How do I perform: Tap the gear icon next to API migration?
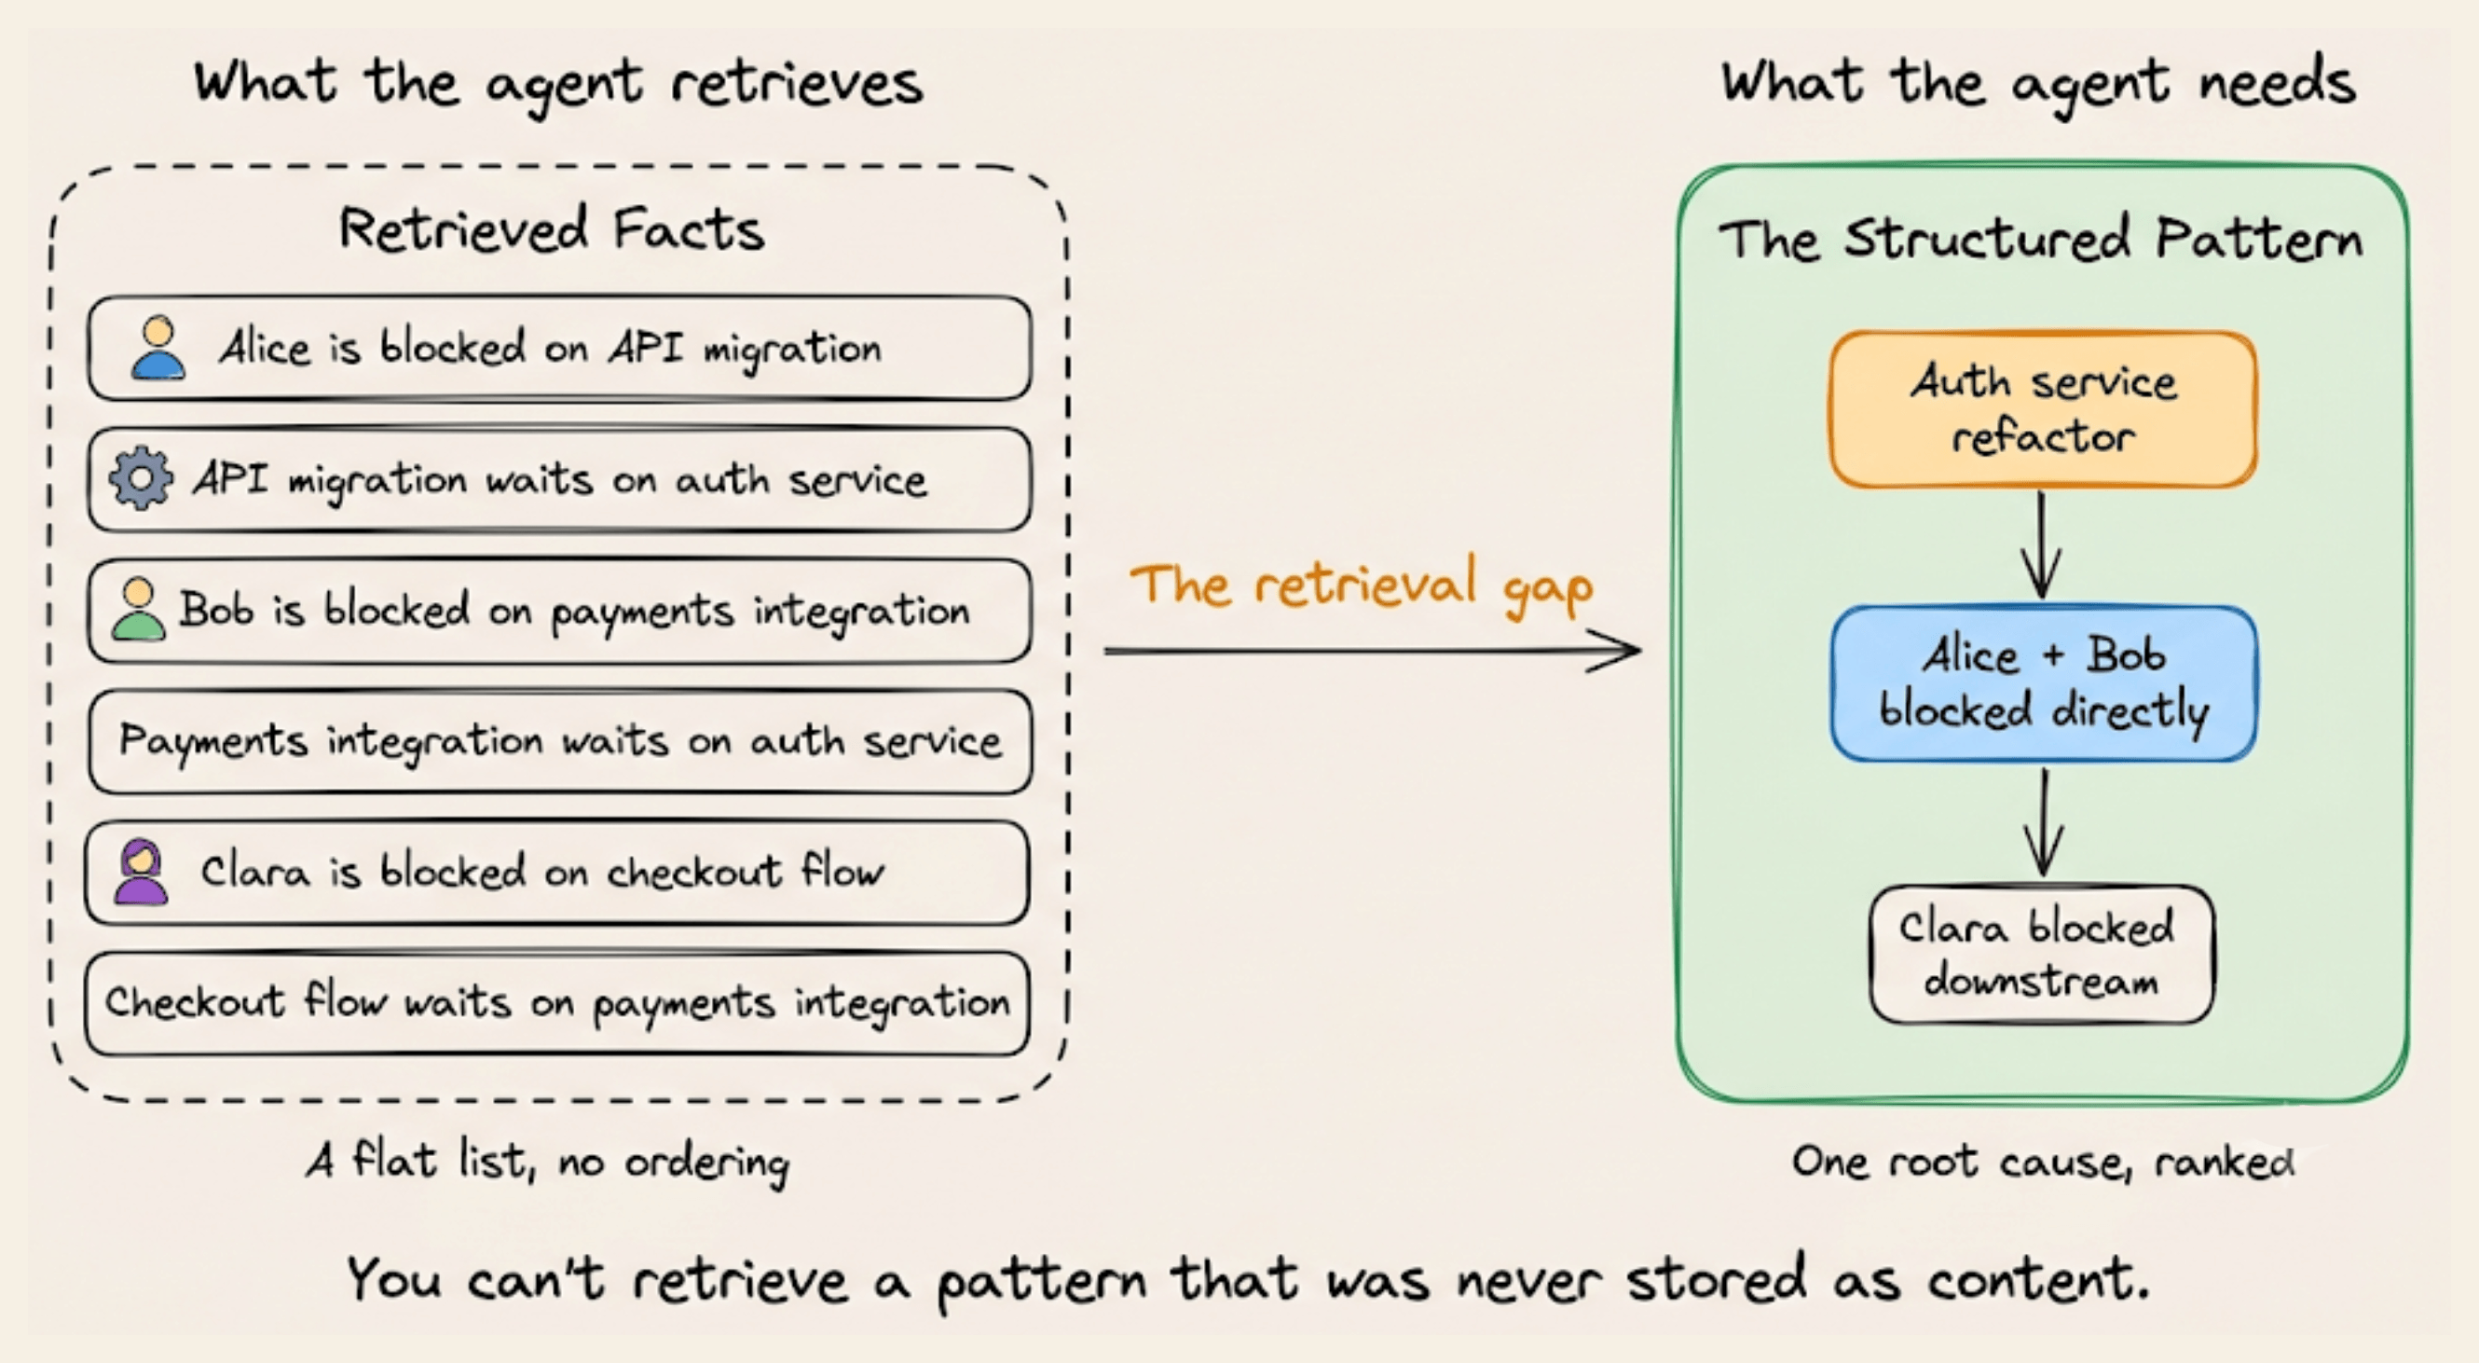(142, 478)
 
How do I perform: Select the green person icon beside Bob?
(139, 610)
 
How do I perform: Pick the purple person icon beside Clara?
(142, 871)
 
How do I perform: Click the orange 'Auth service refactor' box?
(2043, 410)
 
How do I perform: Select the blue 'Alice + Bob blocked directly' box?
(2043, 683)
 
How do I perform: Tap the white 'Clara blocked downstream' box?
(2042, 954)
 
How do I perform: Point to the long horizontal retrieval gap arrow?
(1372, 651)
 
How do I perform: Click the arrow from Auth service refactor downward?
(2041, 544)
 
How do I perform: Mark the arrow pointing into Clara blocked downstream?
(2043, 822)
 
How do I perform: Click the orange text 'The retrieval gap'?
(1362, 585)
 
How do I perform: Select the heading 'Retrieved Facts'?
(552, 230)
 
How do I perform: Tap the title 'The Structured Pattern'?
(2041, 238)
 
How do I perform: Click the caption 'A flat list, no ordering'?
(549, 1161)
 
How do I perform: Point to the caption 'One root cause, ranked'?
(2043, 1162)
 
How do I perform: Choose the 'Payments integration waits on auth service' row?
(559, 741)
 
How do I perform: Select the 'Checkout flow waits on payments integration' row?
(557, 1003)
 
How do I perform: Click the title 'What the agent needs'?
(2039, 84)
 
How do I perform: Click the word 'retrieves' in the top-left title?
(798, 83)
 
